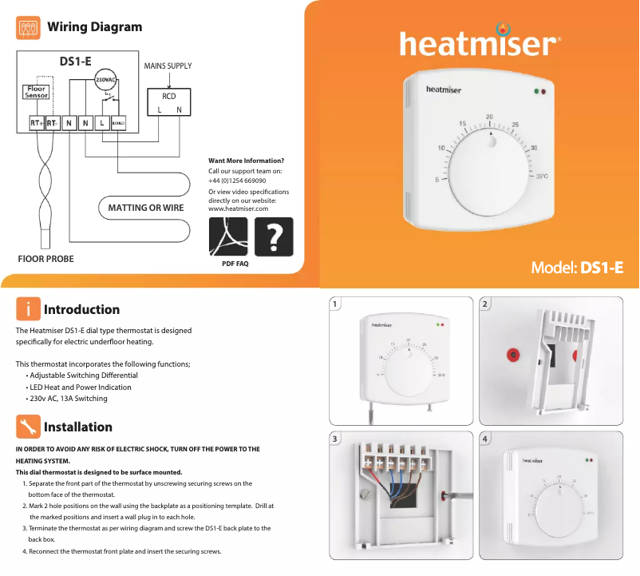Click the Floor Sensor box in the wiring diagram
(37, 93)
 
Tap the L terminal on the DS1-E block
(102, 123)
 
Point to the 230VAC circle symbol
(105, 81)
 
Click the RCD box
(169, 102)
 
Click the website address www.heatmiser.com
(238, 209)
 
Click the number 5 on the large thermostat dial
(437, 180)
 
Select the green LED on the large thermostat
(537, 91)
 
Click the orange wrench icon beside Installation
(28, 427)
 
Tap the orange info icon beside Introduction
(28, 309)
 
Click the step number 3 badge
(336, 439)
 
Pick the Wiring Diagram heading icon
(29, 28)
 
